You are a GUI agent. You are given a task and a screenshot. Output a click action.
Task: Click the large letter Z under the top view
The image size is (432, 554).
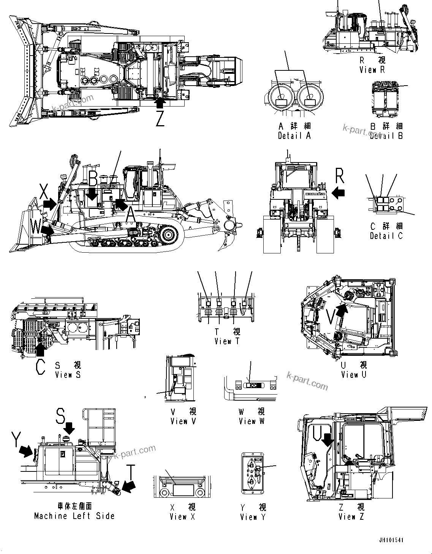(160, 119)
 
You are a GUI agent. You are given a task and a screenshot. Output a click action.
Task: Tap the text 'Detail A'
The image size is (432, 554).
(294, 136)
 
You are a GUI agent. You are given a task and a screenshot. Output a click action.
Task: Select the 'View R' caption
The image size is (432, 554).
(372, 70)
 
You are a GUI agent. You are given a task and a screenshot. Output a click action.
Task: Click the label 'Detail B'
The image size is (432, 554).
(386, 136)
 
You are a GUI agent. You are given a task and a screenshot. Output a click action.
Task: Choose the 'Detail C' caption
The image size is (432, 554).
(386, 236)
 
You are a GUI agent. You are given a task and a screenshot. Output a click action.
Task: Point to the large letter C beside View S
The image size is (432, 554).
(40, 367)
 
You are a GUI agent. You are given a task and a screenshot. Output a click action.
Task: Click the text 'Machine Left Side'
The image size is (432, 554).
(74, 516)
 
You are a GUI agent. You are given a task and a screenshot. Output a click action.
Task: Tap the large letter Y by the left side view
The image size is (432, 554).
(16, 439)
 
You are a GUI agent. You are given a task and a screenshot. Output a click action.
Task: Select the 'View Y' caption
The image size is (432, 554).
(253, 517)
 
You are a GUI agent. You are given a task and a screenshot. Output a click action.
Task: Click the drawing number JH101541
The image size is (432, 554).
(391, 540)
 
